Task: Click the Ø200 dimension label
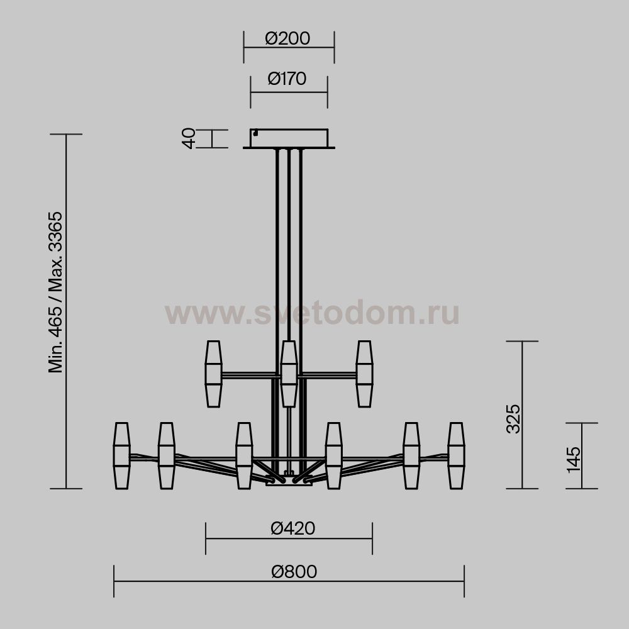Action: pyautogui.click(x=287, y=38)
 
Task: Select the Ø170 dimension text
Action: pyautogui.click(x=287, y=79)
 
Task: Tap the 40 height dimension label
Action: pyautogui.click(x=189, y=138)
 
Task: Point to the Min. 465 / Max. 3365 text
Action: pyautogui.click(x=55, y=292)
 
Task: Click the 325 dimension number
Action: pyautogui.click(x=513, y=419)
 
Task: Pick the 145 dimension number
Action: pyautogui.click(x=574, y=460)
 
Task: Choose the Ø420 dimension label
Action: pyautogui.click(x=293, y=528)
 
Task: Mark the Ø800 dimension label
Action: pyautogui.click(x=294, y=571)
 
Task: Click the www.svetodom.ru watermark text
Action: pyautogui.click(x=312, y=313)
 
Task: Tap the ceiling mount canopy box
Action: pyautogui.click(x=289, y=138)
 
